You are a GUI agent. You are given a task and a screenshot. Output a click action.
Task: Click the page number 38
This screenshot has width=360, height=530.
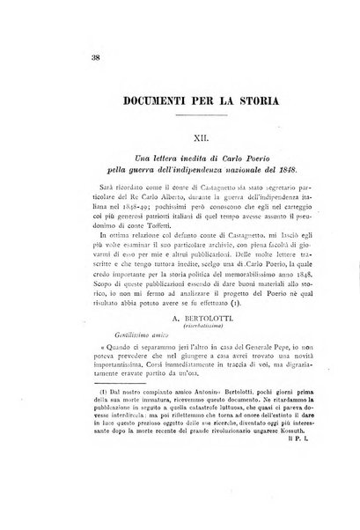click(44, 58)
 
